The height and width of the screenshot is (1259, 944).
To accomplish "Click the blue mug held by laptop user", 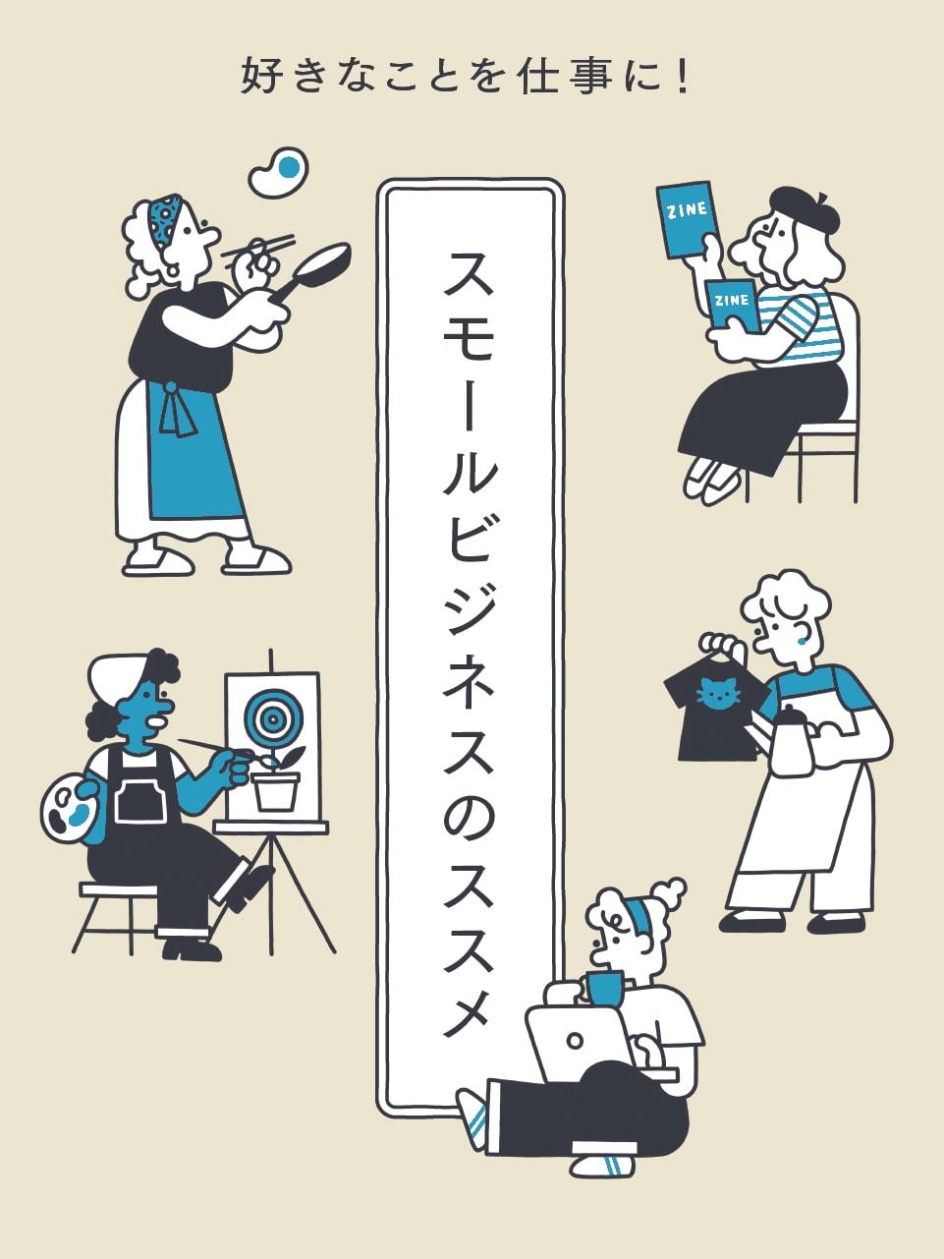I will coord(604,987).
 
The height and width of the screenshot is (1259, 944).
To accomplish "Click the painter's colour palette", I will coord(69,806).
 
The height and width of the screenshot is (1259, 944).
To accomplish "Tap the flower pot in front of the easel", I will coord(275,789).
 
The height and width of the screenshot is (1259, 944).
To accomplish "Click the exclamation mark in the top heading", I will coord(684,78).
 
